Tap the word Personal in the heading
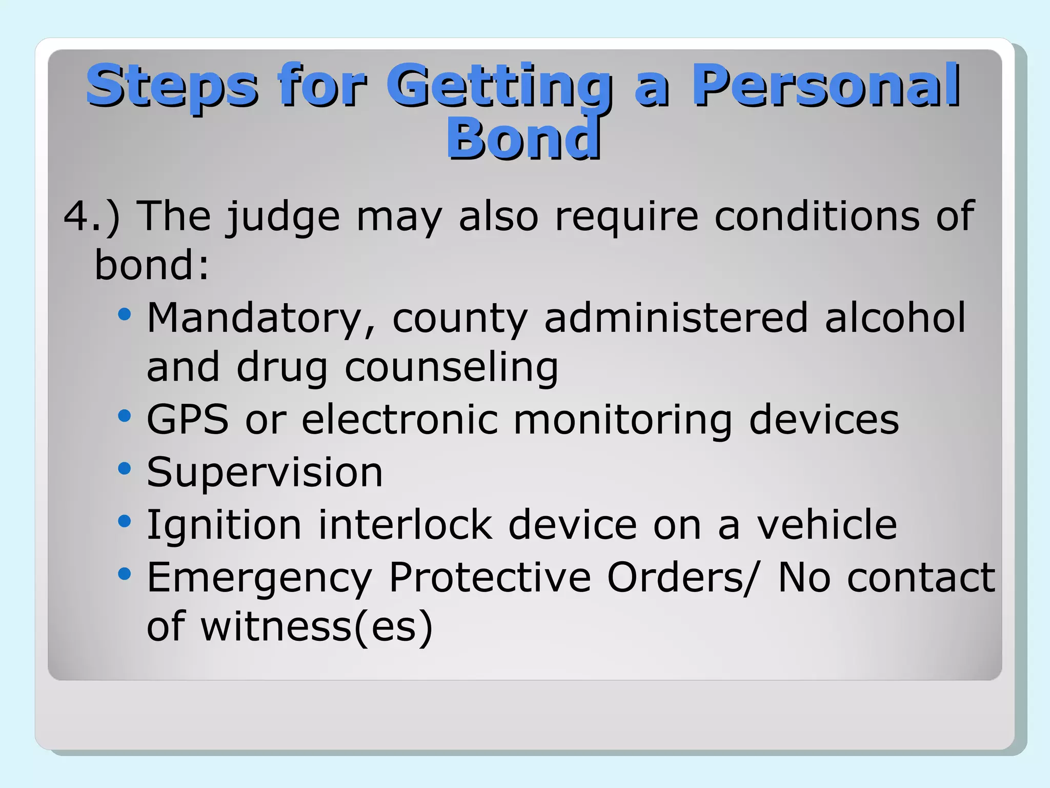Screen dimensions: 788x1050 (825, 86)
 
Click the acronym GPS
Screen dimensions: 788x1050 (188, 420)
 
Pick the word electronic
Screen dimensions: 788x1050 (400, 420)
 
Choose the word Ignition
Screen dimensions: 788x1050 (225, 526)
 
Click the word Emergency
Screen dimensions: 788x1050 (259, 579)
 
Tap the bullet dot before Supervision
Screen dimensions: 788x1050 (125, 468)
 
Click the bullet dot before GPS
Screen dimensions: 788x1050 (125, 416)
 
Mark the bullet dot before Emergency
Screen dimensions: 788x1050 (125, 574)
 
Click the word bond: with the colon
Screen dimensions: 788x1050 (152, 266)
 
